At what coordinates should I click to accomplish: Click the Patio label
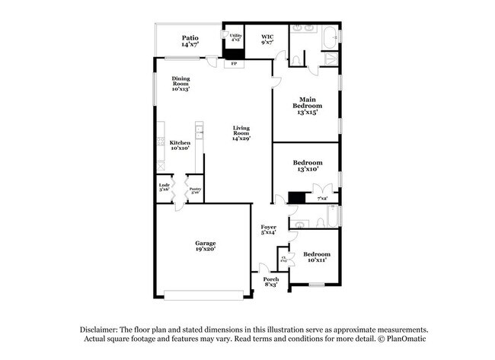coord(190,41)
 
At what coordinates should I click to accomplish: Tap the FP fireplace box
coord(234,64)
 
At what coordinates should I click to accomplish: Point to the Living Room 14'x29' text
coord(241,133)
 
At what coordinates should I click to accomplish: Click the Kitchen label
coord(180,146)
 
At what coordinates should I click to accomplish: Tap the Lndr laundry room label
coord(164,187)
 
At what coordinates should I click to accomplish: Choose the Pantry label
coord(195,190)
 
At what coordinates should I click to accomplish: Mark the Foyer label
coord(268,230)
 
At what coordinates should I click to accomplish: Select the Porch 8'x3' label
coord(271,282)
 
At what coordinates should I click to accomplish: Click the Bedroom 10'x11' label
coord(316,257)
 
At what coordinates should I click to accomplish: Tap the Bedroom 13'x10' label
coord(308,166)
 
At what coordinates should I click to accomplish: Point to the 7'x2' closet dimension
coord(322,199)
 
